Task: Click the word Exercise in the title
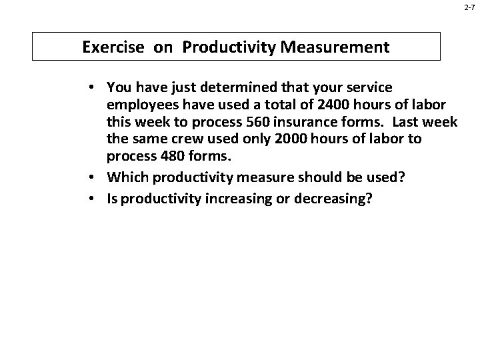click(x=111, y=48)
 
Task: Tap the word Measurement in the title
click(x=339, y=48)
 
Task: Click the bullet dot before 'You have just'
click(x=96, y=87)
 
